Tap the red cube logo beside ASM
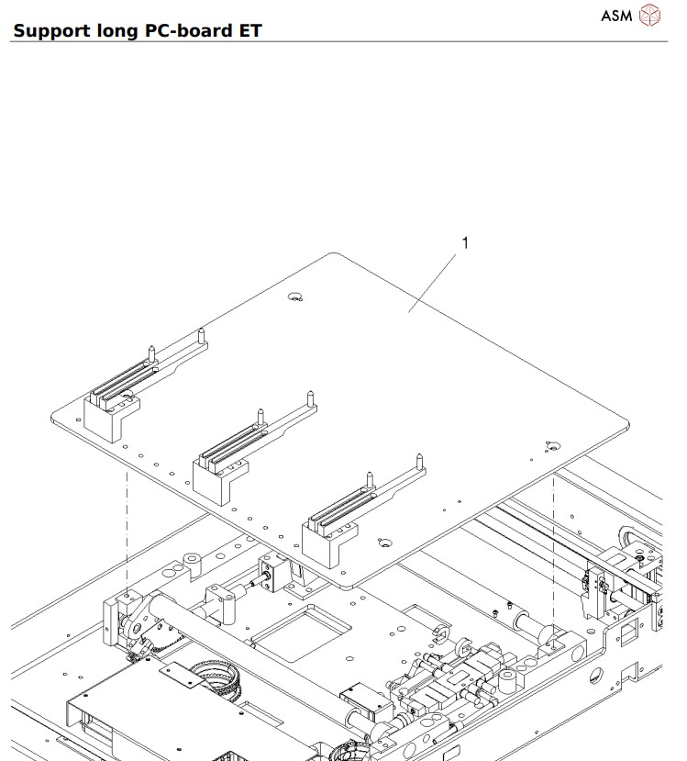(649, 15)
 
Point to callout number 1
(465, 243)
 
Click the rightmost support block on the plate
(327, 537)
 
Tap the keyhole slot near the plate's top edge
(295, 297)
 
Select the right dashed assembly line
(555, 551)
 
